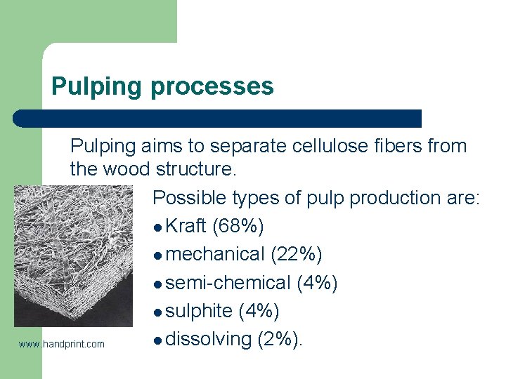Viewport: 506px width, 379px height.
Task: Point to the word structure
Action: click(197, 169)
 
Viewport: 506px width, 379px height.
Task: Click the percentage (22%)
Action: click(297, 255)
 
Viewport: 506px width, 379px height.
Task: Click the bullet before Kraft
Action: click(157, 227)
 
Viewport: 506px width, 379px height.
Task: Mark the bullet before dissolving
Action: click(157, 340)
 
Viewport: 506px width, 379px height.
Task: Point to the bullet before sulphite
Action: click(157, 312)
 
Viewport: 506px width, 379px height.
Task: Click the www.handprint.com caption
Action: click(62, 344)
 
